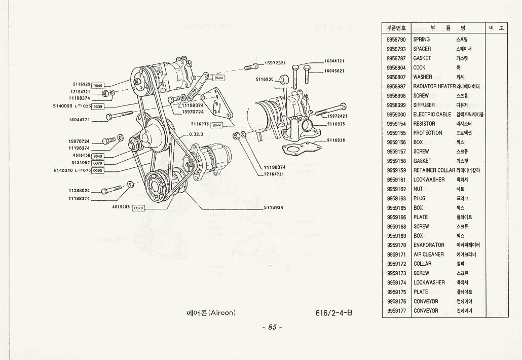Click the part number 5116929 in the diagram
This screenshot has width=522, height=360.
(82, 84)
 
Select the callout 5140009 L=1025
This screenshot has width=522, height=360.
(71, 106)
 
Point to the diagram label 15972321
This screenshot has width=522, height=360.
(275, 63)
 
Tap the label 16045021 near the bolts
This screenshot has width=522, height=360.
(334, 70)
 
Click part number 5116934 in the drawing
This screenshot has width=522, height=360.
(274, 207)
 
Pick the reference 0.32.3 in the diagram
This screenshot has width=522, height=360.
(196, 134)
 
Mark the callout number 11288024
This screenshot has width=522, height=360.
(79, 191)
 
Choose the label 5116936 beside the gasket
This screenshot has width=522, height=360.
(336, 140)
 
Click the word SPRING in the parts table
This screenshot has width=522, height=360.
(422, 40)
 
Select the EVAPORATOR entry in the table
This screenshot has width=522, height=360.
(429, 245)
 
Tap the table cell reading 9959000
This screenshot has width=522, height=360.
(396, 115)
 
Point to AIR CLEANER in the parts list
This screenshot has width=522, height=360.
(429, 255)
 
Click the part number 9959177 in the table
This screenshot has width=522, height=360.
(396, 311)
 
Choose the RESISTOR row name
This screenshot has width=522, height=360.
(424, 124)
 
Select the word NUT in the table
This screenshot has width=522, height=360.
(418, 189)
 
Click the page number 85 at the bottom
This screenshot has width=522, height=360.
(273, 327)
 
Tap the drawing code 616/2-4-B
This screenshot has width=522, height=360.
(333, 312)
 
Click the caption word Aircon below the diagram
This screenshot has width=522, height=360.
(222, 312)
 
